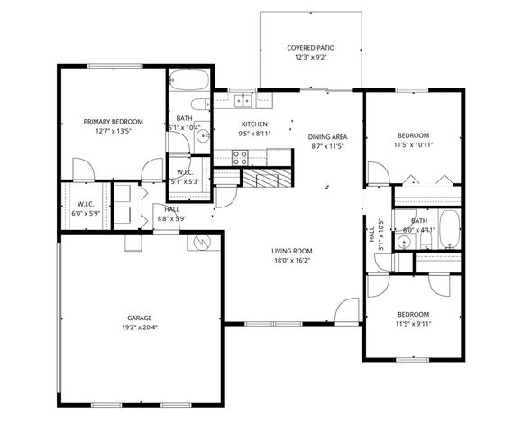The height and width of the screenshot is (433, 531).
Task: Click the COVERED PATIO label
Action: point(311,47)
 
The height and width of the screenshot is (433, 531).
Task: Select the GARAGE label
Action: point(139,318)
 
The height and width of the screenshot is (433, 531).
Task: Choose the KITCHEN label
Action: point(253,124)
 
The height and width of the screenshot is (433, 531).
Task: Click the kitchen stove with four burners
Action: point(241,155)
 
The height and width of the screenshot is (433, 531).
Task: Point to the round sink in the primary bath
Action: point(203,137)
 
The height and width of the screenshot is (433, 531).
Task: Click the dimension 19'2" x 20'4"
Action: point(139,328)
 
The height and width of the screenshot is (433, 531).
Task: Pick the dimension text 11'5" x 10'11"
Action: point(415,143)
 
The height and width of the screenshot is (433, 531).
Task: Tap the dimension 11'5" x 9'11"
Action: point(415,324)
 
